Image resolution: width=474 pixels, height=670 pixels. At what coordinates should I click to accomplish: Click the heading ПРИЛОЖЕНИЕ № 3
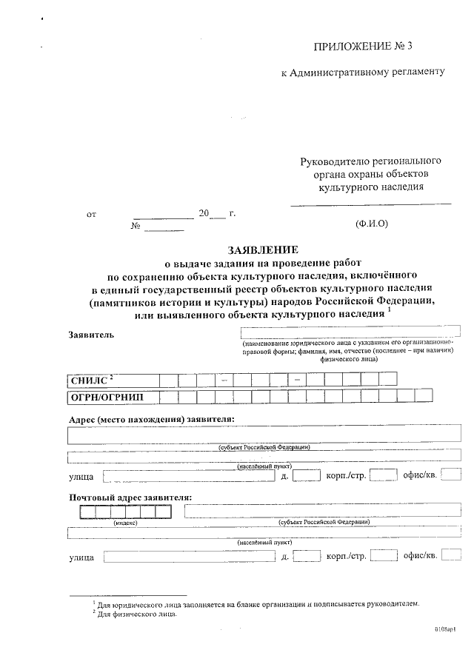pos(362,47)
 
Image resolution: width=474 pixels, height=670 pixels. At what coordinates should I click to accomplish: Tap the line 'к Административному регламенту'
pos(363,73)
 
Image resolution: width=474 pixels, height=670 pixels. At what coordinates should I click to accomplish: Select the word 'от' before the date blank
pos(92,215)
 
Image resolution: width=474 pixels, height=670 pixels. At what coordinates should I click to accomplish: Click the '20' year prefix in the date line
pos(204,214)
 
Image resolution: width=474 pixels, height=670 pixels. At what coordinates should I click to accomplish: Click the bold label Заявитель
pos(91,334)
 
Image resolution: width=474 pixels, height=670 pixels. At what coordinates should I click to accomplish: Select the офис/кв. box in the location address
pos(450,475)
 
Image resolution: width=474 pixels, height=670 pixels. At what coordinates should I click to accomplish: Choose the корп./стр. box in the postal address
pos(384,555)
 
